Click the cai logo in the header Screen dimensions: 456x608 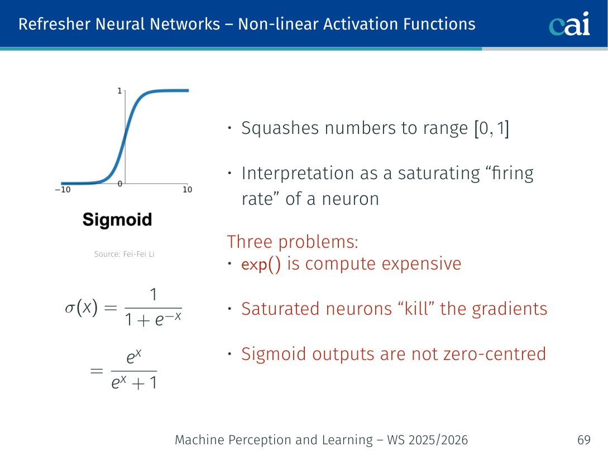569,24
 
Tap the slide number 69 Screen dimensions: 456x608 583,440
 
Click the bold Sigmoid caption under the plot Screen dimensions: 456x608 117,219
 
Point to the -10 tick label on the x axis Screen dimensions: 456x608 62,190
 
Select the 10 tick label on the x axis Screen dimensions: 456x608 187,190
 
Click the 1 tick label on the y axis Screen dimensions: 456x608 119,90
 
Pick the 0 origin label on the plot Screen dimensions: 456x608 119,184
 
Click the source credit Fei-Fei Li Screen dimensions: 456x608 124,255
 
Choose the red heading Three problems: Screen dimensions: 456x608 293,242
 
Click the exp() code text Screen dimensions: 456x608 261,264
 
